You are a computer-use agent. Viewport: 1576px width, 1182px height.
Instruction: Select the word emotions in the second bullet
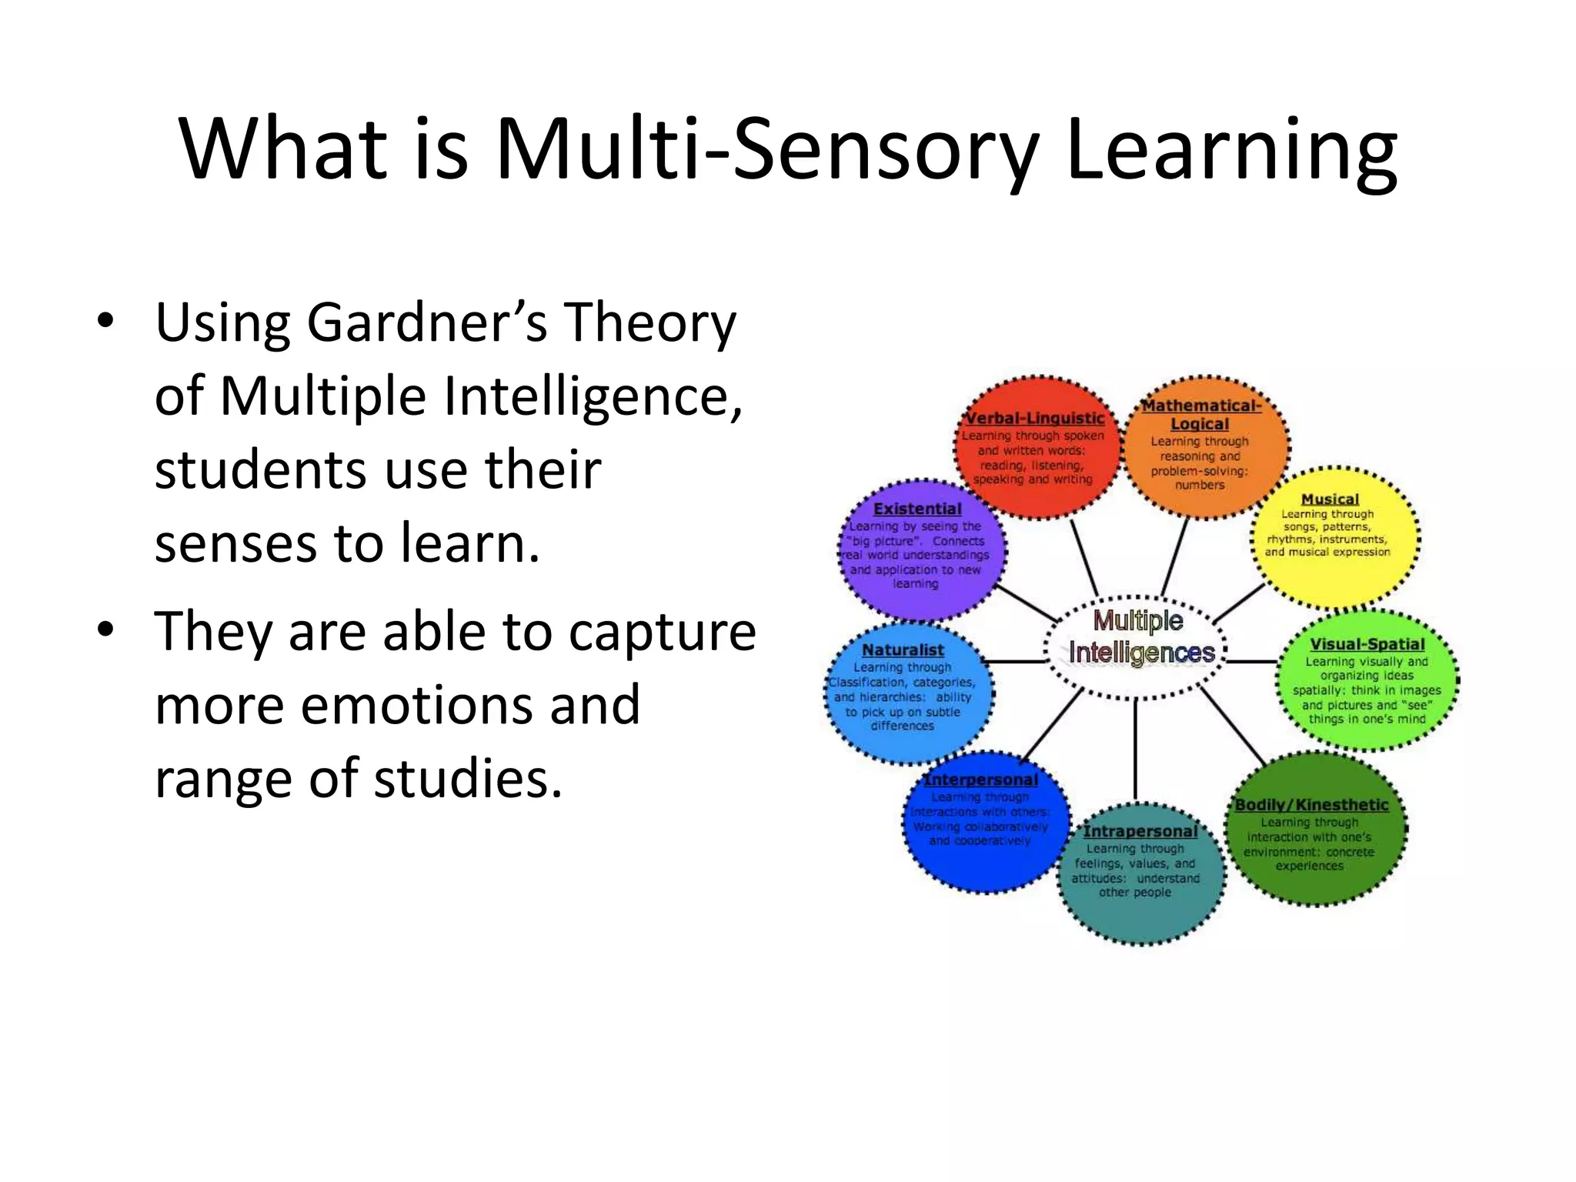(x=469, y=704)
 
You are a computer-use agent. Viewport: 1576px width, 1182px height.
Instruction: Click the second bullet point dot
(x=105, y=629)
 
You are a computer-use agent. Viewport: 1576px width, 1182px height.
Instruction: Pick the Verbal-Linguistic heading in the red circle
(x=1034, y=418)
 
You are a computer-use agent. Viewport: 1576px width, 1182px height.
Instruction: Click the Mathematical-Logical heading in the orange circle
(x=1200, y=414)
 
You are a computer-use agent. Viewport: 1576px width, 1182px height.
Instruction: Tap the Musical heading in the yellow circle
(x=1330, y=499)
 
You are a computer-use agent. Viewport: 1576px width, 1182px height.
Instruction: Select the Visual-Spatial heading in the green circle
(x=1367, y=644)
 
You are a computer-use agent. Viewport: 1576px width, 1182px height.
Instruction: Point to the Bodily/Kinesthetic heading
(x=1311, y=804)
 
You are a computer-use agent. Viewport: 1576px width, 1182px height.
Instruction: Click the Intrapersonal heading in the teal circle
(x=1140, y=831)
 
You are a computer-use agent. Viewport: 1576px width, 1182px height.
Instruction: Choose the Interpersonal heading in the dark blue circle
(x=980, y=780)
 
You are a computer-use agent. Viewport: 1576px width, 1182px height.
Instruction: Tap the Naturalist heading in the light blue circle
(x=903, y=649)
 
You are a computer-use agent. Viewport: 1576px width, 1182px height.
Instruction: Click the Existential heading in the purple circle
(x=917, y=509)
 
